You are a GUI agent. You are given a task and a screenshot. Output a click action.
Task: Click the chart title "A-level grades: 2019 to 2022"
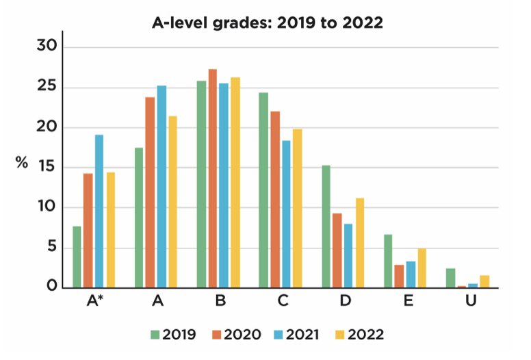point(267,23)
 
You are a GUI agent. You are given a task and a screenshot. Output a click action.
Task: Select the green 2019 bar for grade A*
point(77,257)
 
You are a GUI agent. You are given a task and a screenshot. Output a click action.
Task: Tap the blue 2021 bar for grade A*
point(99,211)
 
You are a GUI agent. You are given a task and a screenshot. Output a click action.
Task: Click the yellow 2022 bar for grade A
point(172,203)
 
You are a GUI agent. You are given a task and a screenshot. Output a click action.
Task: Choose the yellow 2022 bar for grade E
point(422,268)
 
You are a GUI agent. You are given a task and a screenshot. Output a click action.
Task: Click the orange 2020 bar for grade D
point(337,250)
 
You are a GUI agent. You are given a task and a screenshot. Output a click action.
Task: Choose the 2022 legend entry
point(367,335)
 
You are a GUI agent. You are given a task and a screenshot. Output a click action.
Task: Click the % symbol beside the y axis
point(23,164)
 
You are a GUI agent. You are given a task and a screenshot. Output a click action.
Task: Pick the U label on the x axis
point(471,301)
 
